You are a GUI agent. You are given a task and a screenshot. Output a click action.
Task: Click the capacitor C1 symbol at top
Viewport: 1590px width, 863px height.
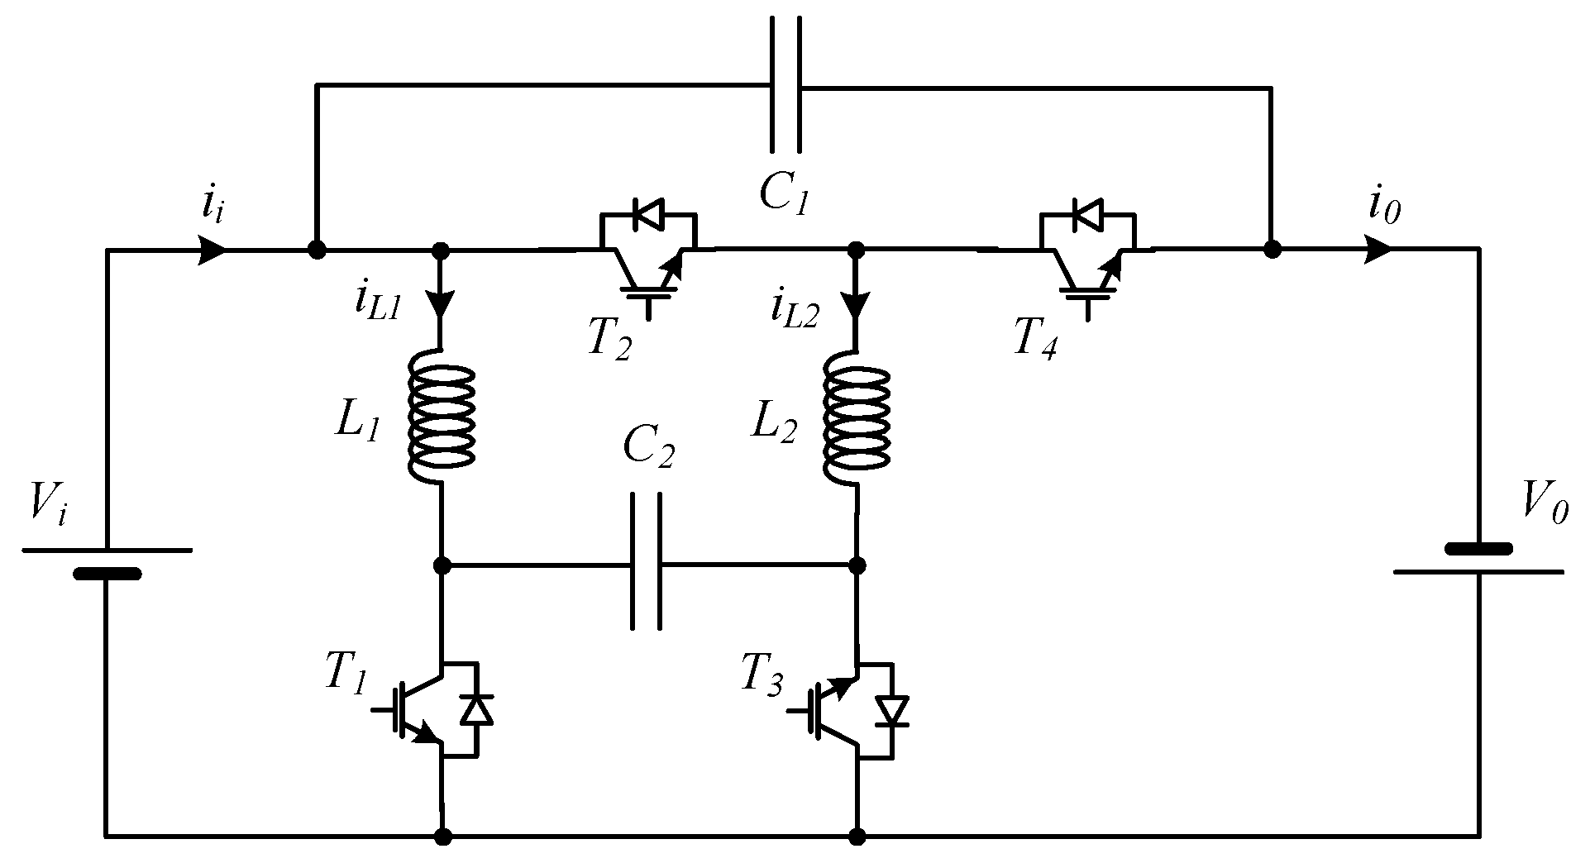pos(785,86)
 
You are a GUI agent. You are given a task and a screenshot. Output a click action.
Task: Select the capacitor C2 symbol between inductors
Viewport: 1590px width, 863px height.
pos(646,565)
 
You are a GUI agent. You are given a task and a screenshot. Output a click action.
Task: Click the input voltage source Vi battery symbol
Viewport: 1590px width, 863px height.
pos(107,562)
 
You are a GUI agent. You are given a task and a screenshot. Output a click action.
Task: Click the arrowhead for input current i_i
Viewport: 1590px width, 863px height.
pos(213,249)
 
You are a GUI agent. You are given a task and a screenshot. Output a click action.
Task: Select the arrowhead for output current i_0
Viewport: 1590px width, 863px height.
pos(1377,249)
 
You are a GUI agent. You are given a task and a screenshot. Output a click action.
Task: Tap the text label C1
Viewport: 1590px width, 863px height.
pos(783,193)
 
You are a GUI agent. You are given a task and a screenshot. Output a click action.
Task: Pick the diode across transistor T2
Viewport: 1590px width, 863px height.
pos(646,214)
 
